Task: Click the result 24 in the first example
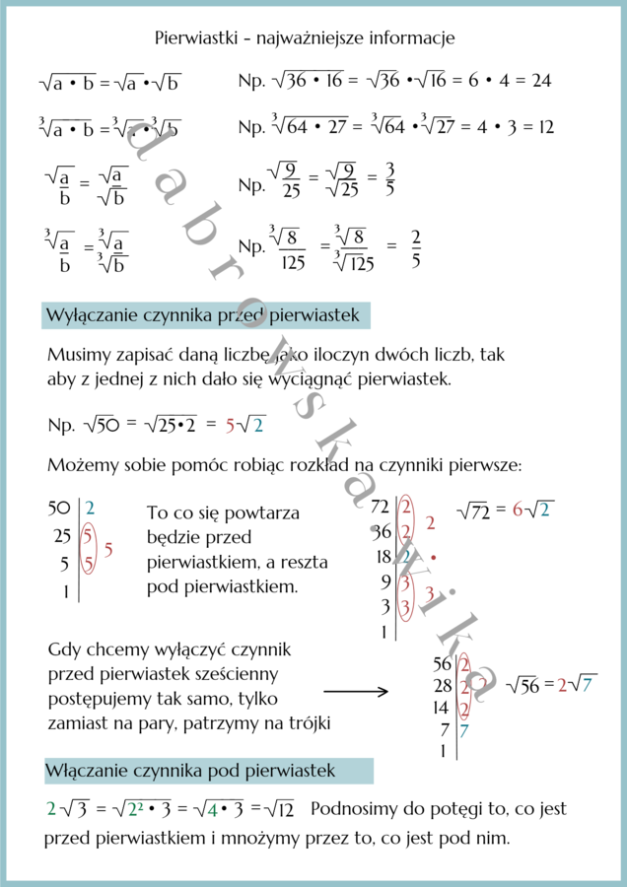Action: [541, 81]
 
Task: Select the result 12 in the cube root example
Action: [545, 127]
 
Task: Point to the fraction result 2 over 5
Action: [416, 248]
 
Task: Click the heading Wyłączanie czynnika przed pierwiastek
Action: [206, 315]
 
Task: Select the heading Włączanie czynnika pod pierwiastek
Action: [190, 770]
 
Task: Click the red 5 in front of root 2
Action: [231, 426]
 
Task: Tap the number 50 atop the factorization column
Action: [59, 509]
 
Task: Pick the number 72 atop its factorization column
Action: [381, 509]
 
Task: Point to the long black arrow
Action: [356, 693]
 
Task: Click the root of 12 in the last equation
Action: [281, 810]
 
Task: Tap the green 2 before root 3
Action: [51, 810]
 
